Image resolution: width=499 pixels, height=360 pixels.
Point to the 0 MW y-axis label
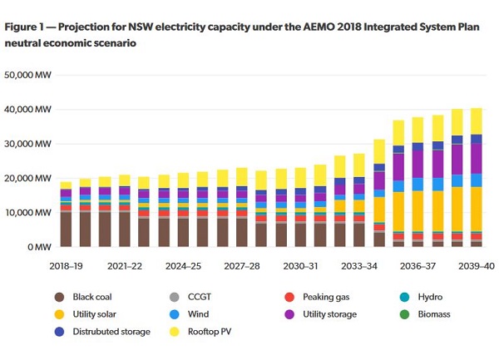click(x=39, y=247)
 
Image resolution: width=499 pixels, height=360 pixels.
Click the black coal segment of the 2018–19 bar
click(x=66, y=229)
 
